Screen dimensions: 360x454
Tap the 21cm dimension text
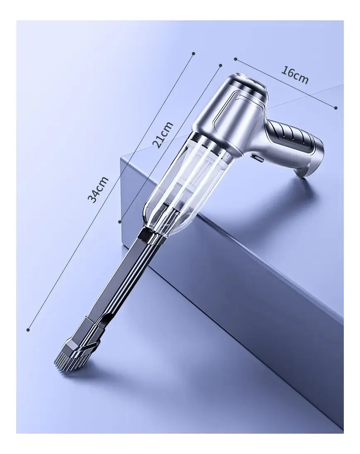(163, 135)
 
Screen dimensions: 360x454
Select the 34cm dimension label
(98, 189)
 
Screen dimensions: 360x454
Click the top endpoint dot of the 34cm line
(194, 53)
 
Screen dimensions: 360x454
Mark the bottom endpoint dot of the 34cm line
(28, 330)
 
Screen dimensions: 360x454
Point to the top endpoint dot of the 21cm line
(221, 65)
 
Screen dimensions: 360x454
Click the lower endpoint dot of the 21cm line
(120, 221)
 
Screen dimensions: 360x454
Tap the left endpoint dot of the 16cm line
(236, 59)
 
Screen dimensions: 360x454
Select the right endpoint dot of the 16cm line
(336, 108)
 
